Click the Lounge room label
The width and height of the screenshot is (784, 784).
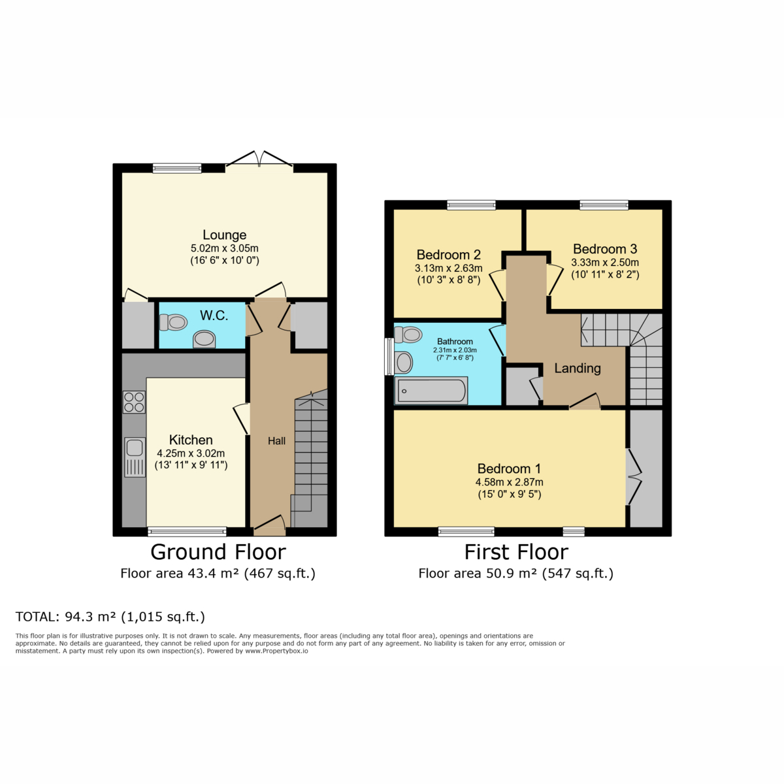point(224,235)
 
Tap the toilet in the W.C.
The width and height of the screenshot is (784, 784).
point(173,322)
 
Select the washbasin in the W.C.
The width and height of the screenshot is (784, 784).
point(204,339)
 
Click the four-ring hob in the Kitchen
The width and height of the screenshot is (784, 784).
point(134,402)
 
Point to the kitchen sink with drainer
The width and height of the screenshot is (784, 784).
point(135,457)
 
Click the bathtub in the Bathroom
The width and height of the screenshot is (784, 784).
point(431,391)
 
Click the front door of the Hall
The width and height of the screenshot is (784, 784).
point(269,524)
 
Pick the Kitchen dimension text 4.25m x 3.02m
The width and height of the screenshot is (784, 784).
point(191,453)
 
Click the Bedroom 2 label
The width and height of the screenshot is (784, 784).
point(449,255)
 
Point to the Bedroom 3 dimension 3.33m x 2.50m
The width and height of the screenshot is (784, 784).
point(605,263)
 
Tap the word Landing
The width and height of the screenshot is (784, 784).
point(578,368)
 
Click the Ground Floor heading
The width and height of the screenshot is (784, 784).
point(218,552)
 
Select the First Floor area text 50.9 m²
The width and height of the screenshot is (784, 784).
point(515,574)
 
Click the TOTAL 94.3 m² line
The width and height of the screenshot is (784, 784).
point(110,617)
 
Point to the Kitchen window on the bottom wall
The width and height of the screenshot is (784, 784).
point(187,531)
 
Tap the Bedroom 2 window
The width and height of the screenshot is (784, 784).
point(471,205)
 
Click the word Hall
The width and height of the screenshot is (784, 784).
point(276,441)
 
